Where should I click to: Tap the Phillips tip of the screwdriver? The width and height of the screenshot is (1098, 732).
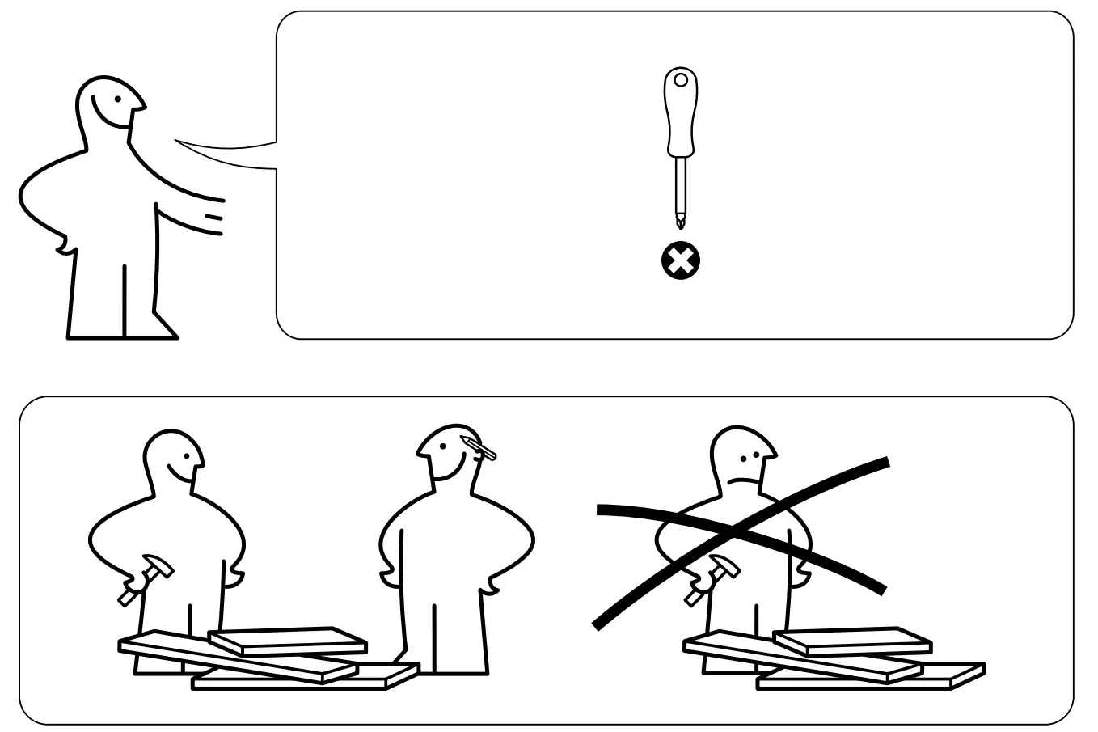[x=681, y=218]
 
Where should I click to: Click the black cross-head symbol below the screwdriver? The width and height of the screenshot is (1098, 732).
[x=681, y=261]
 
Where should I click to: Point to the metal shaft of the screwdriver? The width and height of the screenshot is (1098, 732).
[x=681, y=182]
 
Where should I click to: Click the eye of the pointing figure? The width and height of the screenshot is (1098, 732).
[x=119, y=100]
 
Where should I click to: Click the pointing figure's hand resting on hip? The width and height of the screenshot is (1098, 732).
[x=63, y=243]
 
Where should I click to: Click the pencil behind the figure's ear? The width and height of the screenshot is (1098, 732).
[x=479, y=447]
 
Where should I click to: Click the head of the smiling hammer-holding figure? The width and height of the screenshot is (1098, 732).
[x=171, y=457]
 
